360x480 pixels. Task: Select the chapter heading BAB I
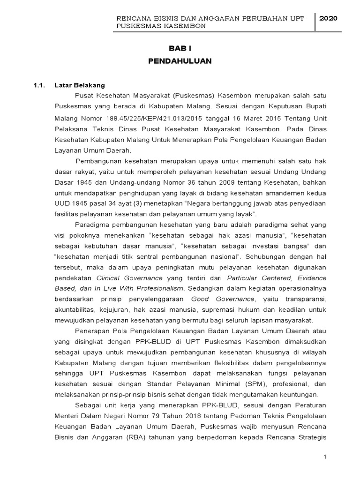click(180, 49)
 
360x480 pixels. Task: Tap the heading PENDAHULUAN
click(180, 61)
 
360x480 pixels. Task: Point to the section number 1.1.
click(38, 85)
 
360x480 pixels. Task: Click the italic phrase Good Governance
click(222, 299)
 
